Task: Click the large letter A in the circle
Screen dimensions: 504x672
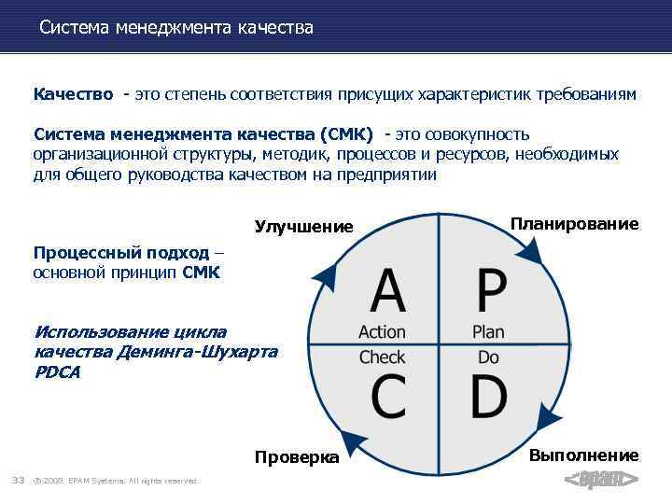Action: [388, 291]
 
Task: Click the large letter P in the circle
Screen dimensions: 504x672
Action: [491, 291]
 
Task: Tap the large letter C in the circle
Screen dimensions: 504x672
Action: [388, 396]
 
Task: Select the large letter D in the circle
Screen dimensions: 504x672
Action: [489, 396]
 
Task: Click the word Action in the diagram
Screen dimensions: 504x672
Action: [382, 331]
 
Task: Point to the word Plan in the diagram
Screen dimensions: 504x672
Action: [488, 331]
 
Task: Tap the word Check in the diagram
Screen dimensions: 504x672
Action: [382, 357]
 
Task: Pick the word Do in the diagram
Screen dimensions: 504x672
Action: [488, 357]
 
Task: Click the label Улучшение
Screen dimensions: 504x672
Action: [304, 227]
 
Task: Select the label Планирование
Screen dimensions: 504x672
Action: [574, 224]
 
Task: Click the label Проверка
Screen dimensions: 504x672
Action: [297, 457]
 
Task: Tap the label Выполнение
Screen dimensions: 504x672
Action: [583, 455]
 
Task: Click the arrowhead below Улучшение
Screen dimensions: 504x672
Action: [324, 274]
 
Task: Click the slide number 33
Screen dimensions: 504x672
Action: [17, 480]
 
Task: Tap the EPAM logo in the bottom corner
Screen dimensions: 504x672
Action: [602, 480]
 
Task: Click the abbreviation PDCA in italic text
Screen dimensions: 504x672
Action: [57, 372]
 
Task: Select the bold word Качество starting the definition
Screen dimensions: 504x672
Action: [74, 94]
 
